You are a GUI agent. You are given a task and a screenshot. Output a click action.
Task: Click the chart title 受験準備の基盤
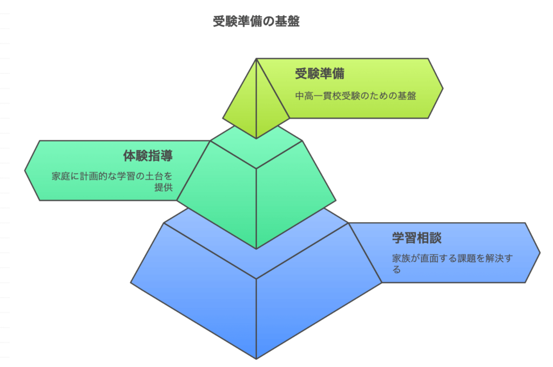[257, 21]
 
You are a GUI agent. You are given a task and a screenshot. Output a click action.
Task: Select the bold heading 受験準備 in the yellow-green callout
[320, 74]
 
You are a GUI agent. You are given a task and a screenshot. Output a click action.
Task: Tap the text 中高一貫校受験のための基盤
[355, 96]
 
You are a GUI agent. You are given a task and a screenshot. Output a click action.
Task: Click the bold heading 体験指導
[148, 156]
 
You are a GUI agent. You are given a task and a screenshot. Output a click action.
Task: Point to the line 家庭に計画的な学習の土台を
[112, 176]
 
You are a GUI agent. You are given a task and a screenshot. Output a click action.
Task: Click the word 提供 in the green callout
[164, 187]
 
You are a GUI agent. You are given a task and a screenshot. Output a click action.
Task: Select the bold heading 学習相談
[417, 238]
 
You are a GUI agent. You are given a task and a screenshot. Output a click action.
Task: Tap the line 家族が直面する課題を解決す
[452, 258]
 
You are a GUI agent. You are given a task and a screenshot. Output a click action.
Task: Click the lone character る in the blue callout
[397, 270]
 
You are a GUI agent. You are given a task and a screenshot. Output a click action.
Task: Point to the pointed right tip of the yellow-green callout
[443, 88]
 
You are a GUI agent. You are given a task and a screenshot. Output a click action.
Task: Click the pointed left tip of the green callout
[25, 171]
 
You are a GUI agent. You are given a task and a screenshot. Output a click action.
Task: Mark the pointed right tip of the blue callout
[540, 252]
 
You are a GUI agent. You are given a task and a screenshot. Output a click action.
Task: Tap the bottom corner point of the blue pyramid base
[257, 359]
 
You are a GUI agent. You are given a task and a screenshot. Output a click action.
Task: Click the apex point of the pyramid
[257, 58]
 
